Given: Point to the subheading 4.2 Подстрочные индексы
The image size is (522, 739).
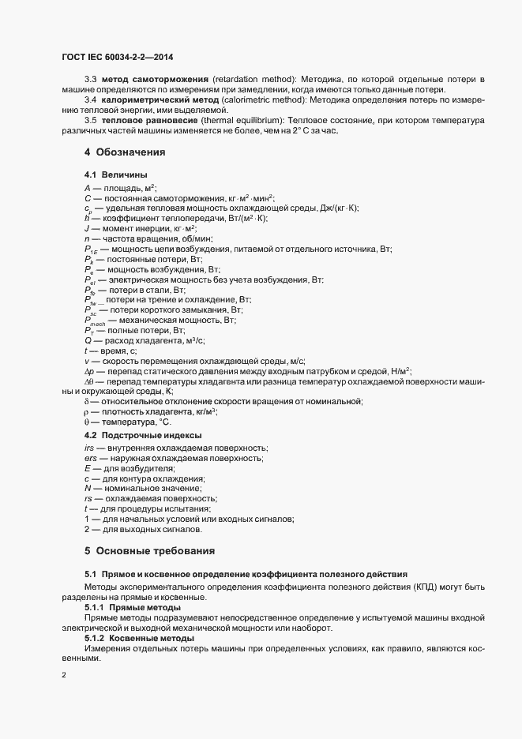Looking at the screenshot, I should coord(142,435).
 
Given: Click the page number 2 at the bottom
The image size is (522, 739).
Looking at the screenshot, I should coord(64,676).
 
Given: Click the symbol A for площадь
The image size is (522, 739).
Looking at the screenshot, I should coord(87,188).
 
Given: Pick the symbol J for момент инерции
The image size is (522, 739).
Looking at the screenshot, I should coord(86,228).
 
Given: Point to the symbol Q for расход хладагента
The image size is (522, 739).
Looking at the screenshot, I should coord(88,339).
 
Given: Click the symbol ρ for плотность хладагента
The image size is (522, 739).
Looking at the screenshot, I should coord(86,411).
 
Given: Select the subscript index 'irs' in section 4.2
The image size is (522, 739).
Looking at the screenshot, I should coord(89,448).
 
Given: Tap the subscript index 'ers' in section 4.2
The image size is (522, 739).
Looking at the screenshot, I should coord(91,459).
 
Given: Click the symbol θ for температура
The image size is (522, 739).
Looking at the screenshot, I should coord(86,422).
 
